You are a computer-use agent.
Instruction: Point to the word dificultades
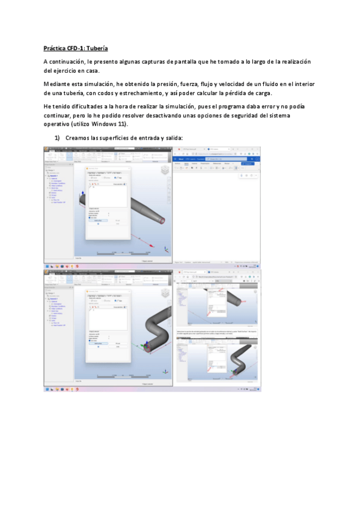click(x=84, y=107)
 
